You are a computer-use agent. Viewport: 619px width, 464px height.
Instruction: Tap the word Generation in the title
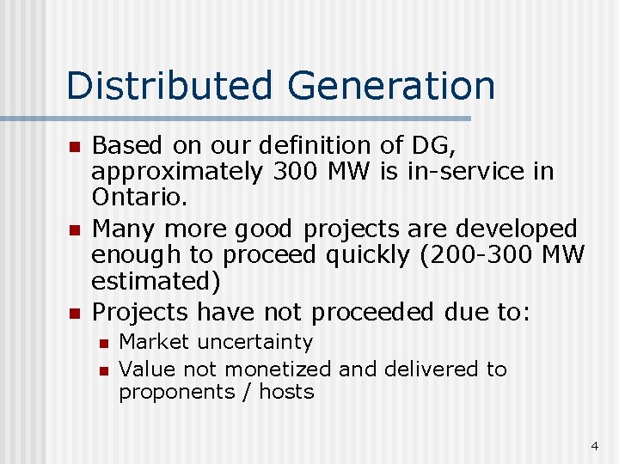click(392, 86)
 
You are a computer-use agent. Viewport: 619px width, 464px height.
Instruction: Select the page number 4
click(594, 446)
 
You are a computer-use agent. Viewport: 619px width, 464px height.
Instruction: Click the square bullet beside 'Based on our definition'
click(74, 148)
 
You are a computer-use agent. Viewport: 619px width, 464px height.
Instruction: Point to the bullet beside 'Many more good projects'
click(74, 230)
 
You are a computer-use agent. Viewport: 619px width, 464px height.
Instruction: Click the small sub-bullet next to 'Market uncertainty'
click(102, 343)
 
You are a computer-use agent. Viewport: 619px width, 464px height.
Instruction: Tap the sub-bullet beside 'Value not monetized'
click(102, 370)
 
